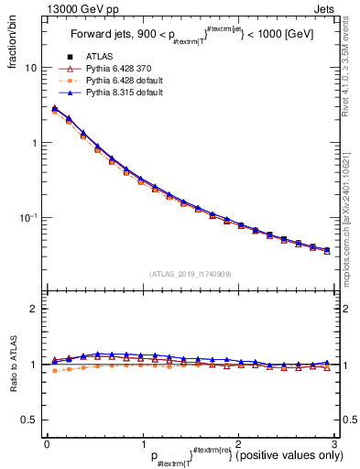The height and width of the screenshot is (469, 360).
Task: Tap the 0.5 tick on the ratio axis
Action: tap(28, 420)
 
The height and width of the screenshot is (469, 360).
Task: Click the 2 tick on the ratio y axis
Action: tap(33, 310)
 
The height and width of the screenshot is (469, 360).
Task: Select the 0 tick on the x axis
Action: tap(46, 443)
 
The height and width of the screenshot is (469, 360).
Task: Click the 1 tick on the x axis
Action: tap(142, 443)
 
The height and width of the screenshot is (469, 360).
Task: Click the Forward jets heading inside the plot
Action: tap(190, 38)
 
